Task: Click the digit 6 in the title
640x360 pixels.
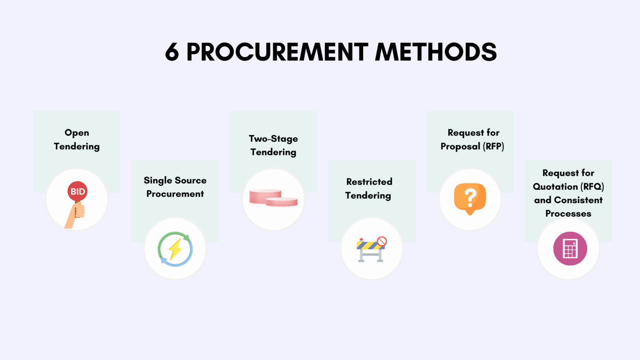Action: point(172,52)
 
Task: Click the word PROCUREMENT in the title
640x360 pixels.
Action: point(277,52)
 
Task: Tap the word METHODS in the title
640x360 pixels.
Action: point(436,52)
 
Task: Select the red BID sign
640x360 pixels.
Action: point(78,191)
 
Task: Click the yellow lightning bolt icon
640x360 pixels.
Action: point(176,249)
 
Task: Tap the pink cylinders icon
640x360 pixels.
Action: point(273,198)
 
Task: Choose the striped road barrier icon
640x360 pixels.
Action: point(370,249)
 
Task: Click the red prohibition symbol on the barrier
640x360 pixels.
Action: point(382,241)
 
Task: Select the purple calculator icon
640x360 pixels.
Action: point(570,249)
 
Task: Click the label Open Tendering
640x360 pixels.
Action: point(77,140)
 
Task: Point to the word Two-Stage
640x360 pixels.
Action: point(273,139)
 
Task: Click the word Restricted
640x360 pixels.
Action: point(369,182)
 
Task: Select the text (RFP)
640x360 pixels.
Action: point(494,147)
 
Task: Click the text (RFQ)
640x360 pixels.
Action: point(593,187)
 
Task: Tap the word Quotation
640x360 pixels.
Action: point(555,187)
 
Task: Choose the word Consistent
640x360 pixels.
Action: point(578,200)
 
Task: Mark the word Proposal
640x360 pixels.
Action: point(460,147)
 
